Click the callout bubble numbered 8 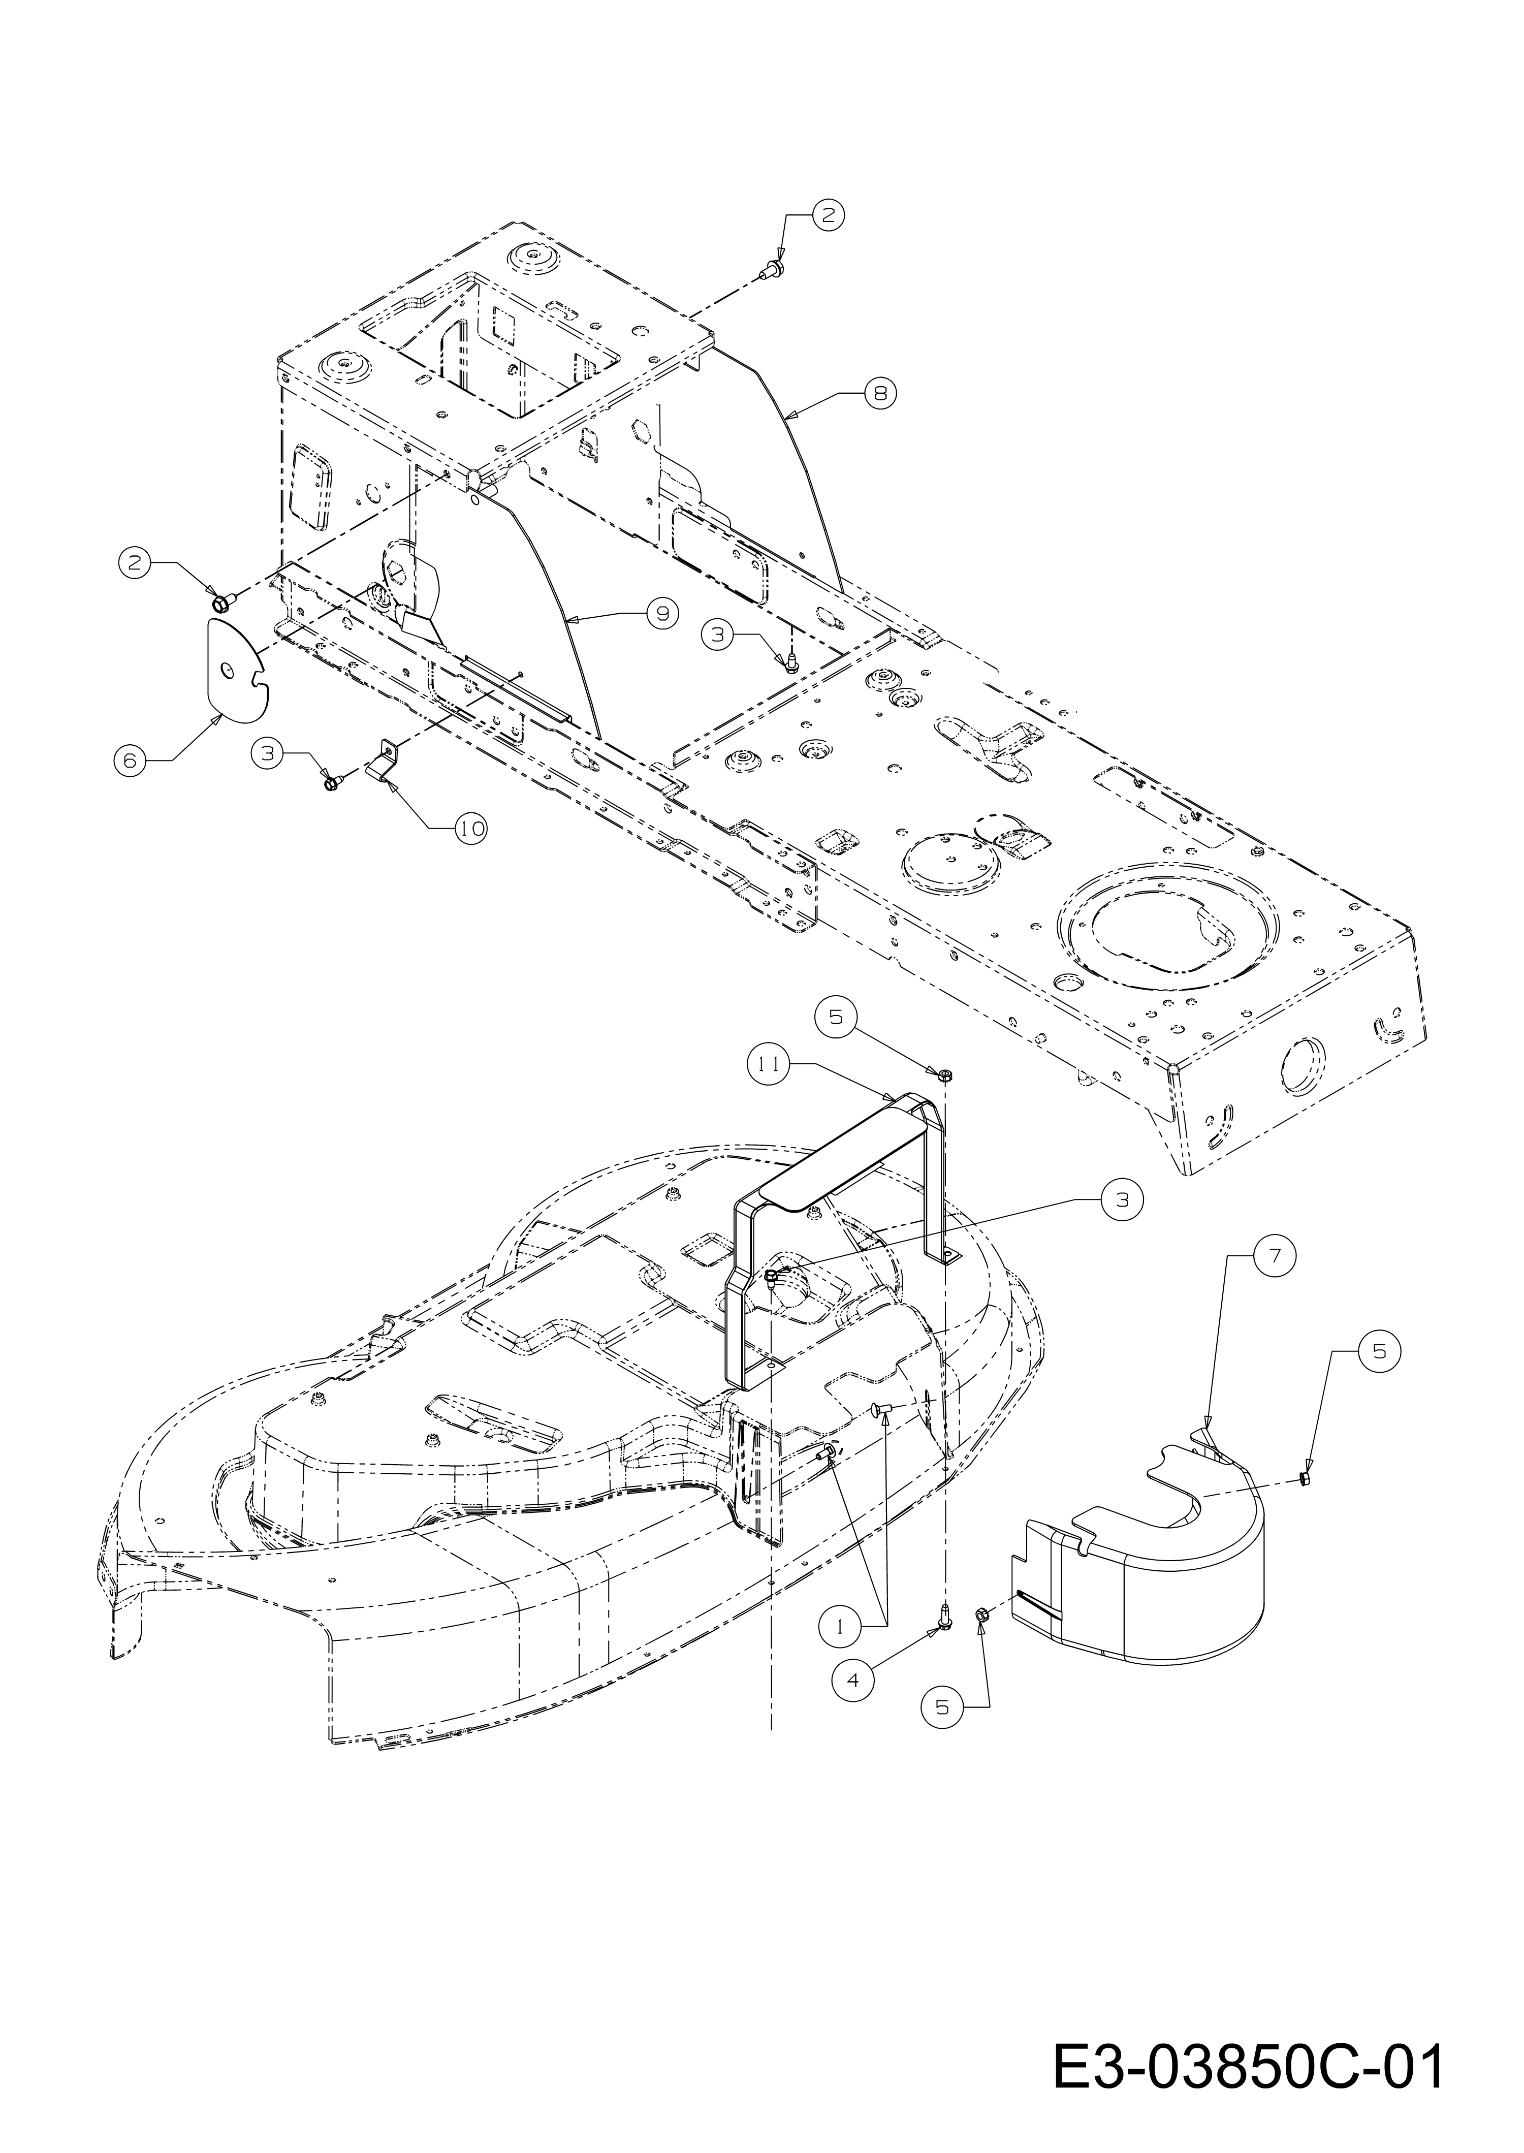879,394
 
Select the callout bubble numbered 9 662,613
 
